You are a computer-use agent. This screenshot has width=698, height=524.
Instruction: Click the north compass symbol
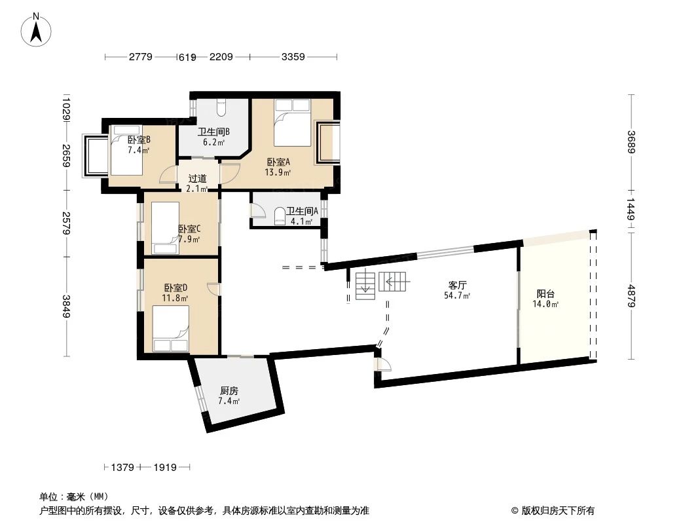(37, 29)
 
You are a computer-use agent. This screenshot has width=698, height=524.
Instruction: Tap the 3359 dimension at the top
(293, 57)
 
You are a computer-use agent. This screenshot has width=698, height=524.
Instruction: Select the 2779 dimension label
(140, 57)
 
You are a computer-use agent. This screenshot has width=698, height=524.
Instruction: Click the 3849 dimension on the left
(66, 306)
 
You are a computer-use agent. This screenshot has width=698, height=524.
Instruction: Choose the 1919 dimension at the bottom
(165, 467)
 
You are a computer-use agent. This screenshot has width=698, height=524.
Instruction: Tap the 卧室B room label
(139, 140)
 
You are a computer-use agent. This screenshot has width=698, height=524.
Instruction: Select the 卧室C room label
(189, 229)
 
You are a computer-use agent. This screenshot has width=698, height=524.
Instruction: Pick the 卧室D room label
(175, 288)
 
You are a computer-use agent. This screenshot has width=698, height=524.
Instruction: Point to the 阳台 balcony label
(545, 294)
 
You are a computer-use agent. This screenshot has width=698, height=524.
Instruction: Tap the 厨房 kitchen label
(229, 390)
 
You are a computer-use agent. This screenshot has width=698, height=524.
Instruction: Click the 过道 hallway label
(197, 178)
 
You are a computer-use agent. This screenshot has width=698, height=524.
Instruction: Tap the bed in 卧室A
(292, 122)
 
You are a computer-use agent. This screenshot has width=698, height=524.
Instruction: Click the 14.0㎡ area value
(545, 305)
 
